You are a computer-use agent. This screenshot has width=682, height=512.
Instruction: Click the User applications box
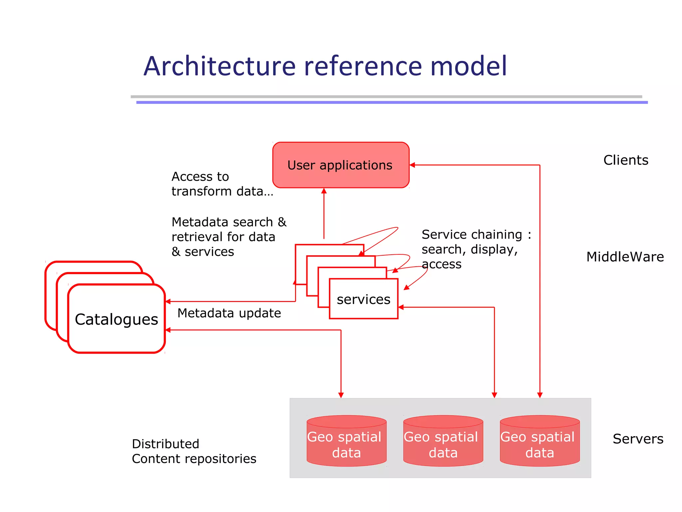pos(340,165)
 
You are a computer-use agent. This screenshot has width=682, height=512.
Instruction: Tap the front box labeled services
pos(363,299)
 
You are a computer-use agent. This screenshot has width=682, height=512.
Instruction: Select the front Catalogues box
pos(116,319)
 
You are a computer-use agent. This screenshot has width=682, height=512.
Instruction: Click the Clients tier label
pos(625,160)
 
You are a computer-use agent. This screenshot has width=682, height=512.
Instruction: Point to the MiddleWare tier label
pos(625,257)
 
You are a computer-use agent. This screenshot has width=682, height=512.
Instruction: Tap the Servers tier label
pos(638,439)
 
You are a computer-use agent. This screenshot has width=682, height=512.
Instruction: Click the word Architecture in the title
pos(219,66)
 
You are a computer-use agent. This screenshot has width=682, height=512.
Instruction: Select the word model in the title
pos(468,66)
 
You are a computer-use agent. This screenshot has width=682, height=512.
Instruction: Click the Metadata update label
pos(229,313)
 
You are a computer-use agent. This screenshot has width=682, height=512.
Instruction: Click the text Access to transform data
pos(221,184)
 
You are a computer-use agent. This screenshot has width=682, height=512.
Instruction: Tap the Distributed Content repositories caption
pos(194,451)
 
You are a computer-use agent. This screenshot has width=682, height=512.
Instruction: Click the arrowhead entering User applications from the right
pos(412,165)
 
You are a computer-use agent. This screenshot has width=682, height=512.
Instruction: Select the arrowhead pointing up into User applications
pos(324,191)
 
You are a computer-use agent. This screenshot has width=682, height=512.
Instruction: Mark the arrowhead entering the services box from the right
pos(401,307)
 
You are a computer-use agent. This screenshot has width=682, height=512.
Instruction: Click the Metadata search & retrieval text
pos(228,237)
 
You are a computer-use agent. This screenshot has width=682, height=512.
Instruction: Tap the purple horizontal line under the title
pos(392,102)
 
